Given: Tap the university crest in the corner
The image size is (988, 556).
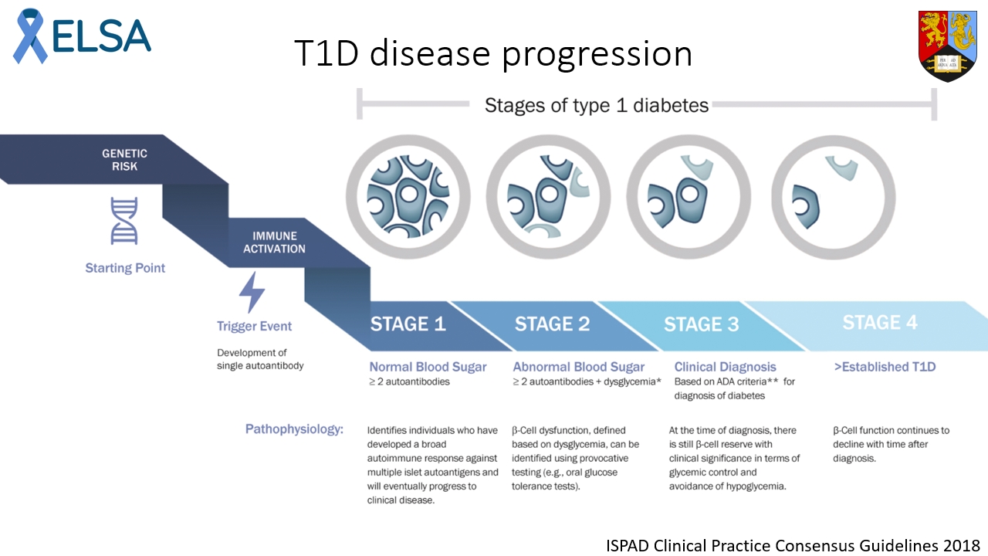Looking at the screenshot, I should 947,46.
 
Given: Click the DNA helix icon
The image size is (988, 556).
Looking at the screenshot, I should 124,220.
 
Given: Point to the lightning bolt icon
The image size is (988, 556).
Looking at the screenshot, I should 252,293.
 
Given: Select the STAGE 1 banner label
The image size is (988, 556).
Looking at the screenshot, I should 408,324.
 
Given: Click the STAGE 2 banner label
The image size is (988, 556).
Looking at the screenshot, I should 552,324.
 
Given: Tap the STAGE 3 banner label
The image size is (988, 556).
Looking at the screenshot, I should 701,324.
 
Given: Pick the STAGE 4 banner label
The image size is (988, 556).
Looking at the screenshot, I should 880,322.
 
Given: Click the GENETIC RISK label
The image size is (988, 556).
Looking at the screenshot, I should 124,160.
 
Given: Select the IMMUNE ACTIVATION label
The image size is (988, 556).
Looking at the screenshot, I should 274,242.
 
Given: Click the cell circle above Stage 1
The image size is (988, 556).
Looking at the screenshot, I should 408,192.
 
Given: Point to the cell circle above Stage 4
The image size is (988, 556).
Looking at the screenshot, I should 834,192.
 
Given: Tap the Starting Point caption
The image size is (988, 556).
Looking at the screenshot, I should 125,269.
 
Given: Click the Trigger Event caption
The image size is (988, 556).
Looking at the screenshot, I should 255,327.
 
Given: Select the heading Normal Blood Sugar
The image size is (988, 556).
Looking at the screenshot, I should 428,367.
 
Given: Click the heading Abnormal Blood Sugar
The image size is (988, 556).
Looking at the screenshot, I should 579,367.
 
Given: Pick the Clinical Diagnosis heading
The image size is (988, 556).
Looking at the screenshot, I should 725,367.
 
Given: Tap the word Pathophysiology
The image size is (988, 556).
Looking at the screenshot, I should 294,429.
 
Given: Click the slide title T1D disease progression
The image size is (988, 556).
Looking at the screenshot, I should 492,53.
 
